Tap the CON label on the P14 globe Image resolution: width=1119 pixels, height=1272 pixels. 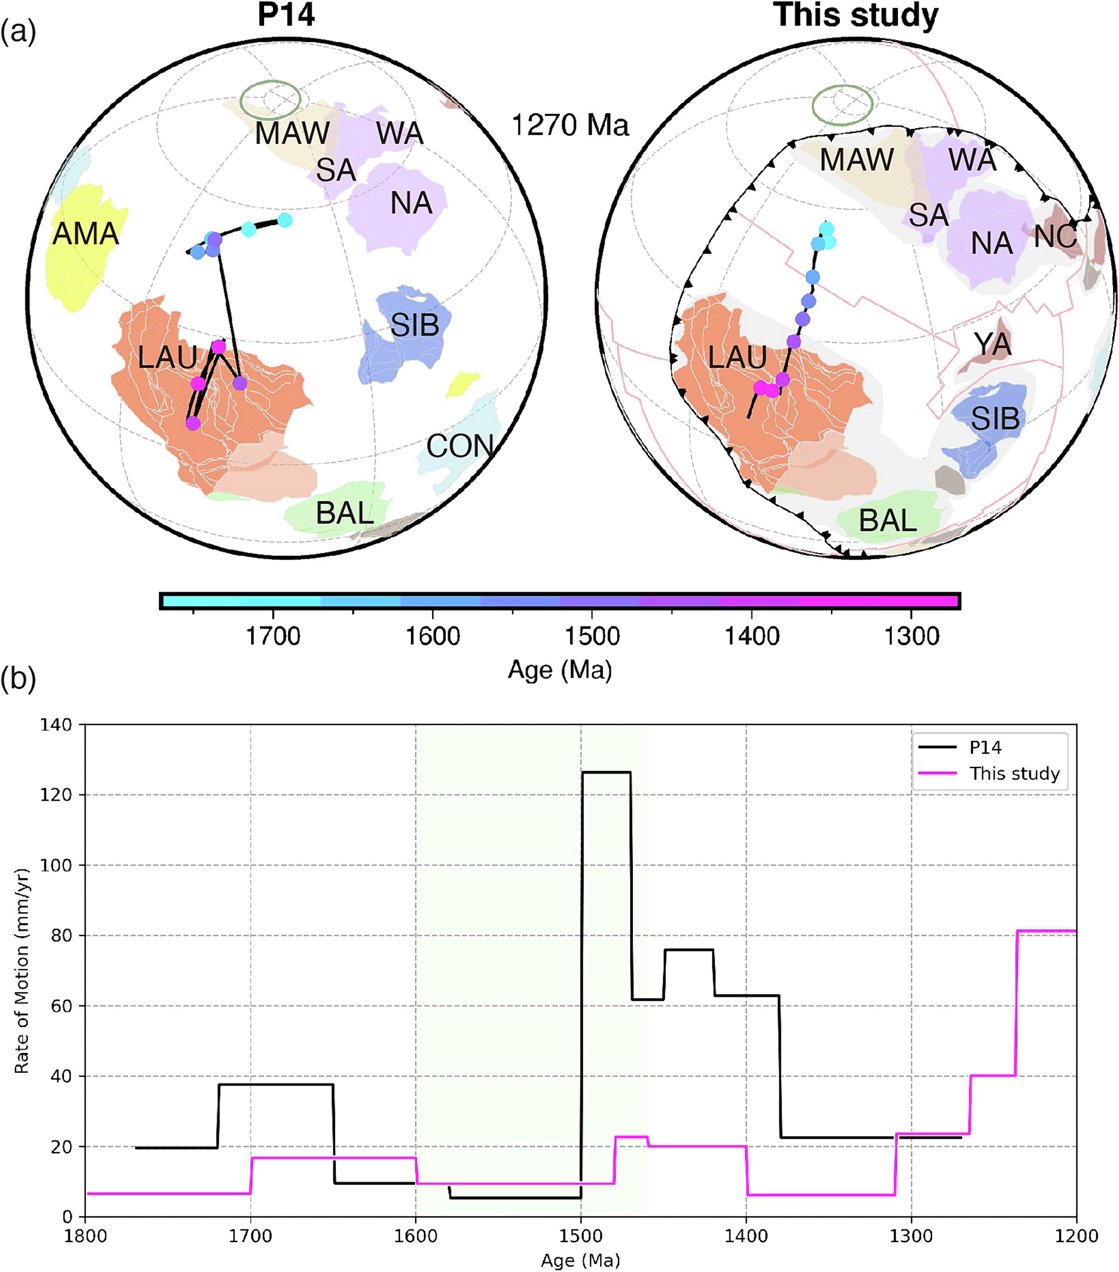pyautogui.click(x=460, y=446)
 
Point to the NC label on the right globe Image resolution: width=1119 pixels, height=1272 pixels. pyautogui.click(x=1056, y=237)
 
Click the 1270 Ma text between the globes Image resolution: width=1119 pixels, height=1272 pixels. pyautogui.click(x=569, y=126)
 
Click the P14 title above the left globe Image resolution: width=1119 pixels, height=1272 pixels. pyautogui.click(x=286, y=15)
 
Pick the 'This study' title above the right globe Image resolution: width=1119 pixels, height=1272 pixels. pyautogui.click(x=856, y=15)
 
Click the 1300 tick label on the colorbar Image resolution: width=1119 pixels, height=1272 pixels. pyautogui.click(x=911, y=637)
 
